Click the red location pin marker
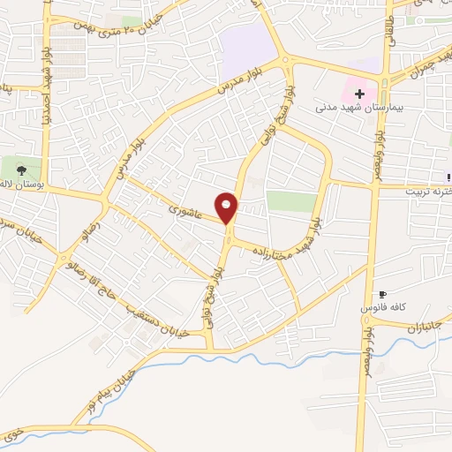point(227,207)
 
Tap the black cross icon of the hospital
point(359,93)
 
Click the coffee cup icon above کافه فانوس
point(382,294)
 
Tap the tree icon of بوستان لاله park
point(21,169)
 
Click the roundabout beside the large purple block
point(285,61)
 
